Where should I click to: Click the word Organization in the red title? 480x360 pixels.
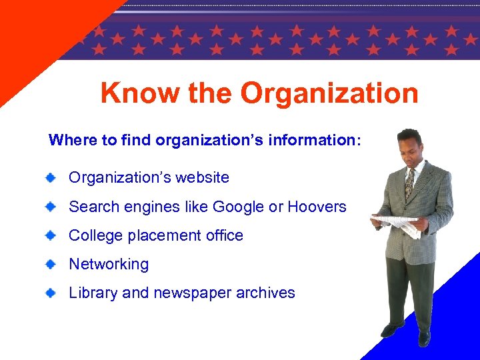(x=329, y=93)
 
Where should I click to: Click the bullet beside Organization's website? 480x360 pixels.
(x=51, y=177)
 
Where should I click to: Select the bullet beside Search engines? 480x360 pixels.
(x=51, y=207)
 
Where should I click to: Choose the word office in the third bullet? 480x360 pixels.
(x=225, y=235)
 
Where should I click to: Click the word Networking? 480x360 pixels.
(x=109, y=264)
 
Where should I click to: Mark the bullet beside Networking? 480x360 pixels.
(x=51, y=264)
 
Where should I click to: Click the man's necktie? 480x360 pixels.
(x=409, y=184)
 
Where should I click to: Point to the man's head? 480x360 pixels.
(x=409, y=143)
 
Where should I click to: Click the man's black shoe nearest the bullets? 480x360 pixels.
(x=391, y=330)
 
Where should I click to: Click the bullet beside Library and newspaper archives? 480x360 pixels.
(x=51, y=293)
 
